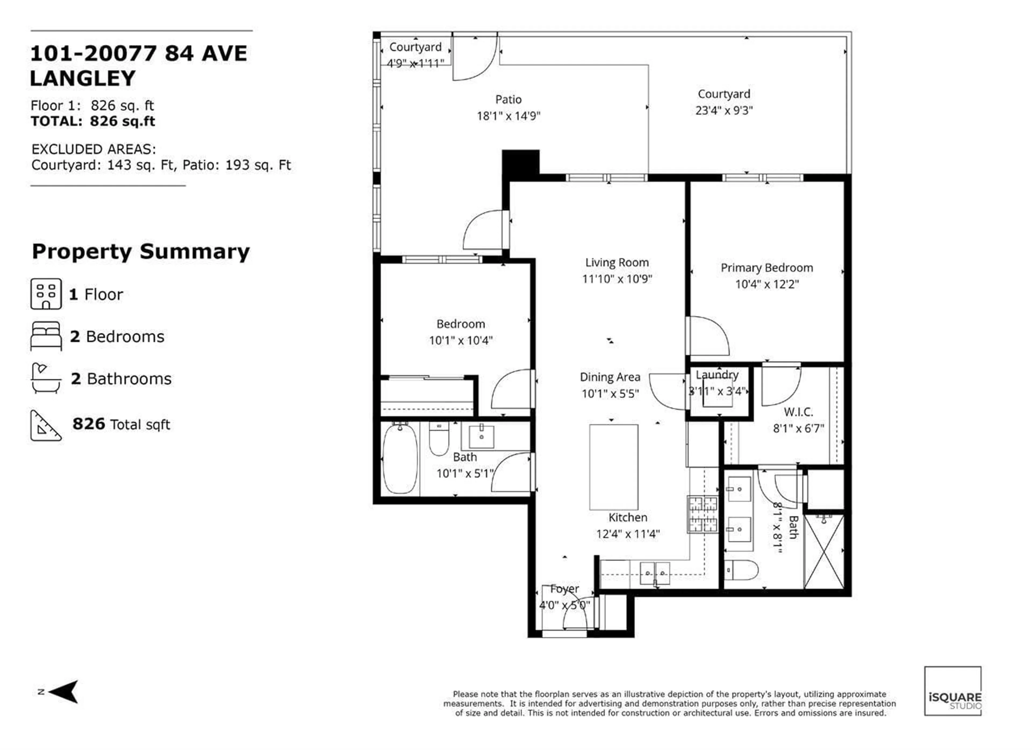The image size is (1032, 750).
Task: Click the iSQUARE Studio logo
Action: click(x=952, y=691)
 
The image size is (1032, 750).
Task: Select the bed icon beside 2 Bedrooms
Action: click(x=46, y=336)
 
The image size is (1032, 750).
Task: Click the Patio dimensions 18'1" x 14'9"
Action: click(x=508, y=116)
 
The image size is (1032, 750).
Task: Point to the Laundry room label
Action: click(x=717, y=374)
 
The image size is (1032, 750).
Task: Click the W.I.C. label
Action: click(x=798, y=412)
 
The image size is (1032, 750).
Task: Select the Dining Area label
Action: click(x=610, y=377)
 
